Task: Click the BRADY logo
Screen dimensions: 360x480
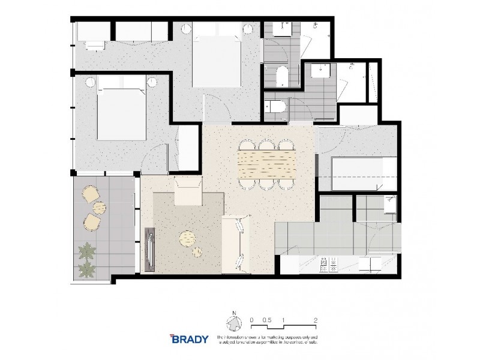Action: click(189, 338)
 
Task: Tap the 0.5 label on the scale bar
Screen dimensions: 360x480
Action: click(267, 320)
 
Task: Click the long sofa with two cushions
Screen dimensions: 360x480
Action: click(236, 244)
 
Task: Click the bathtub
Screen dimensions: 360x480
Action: click(356, 173)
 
